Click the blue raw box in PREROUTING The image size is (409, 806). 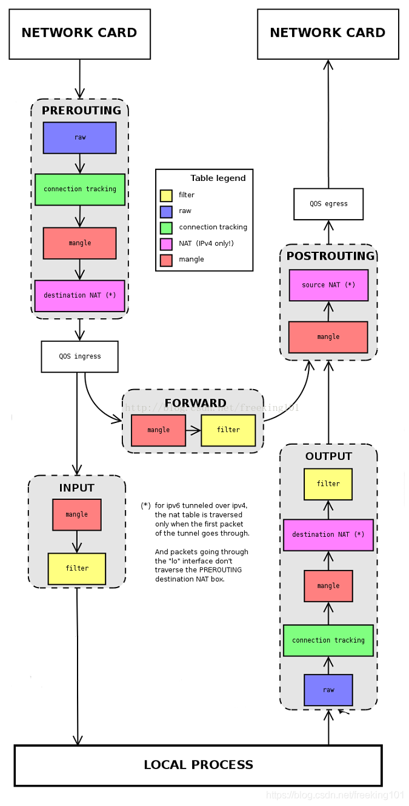(79, 138)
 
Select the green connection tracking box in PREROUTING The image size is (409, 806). (80, 189)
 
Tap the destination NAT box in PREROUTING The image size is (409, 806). (79, 296)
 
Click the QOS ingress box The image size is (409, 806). (79, 356)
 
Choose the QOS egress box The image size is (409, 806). (328, 204)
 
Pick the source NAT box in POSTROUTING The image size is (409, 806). (328, 285)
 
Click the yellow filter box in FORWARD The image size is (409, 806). (228, 430)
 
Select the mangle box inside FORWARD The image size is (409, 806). (159, 430)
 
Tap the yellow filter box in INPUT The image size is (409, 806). (77, 569)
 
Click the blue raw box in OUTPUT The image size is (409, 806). (328, 690)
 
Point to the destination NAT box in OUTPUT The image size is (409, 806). (328, 535)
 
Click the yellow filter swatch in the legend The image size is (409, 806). (166, 195)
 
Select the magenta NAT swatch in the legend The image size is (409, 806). (166, 244)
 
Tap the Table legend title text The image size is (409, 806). (218, 178)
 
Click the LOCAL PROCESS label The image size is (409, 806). (199, 765)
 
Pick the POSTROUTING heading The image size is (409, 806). (330, 256)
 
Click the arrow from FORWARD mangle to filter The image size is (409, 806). (193, 430)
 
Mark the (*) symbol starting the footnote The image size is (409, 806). (145, 505)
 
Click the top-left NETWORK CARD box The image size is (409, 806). (79, 34)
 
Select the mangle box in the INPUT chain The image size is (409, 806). (77, 515)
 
